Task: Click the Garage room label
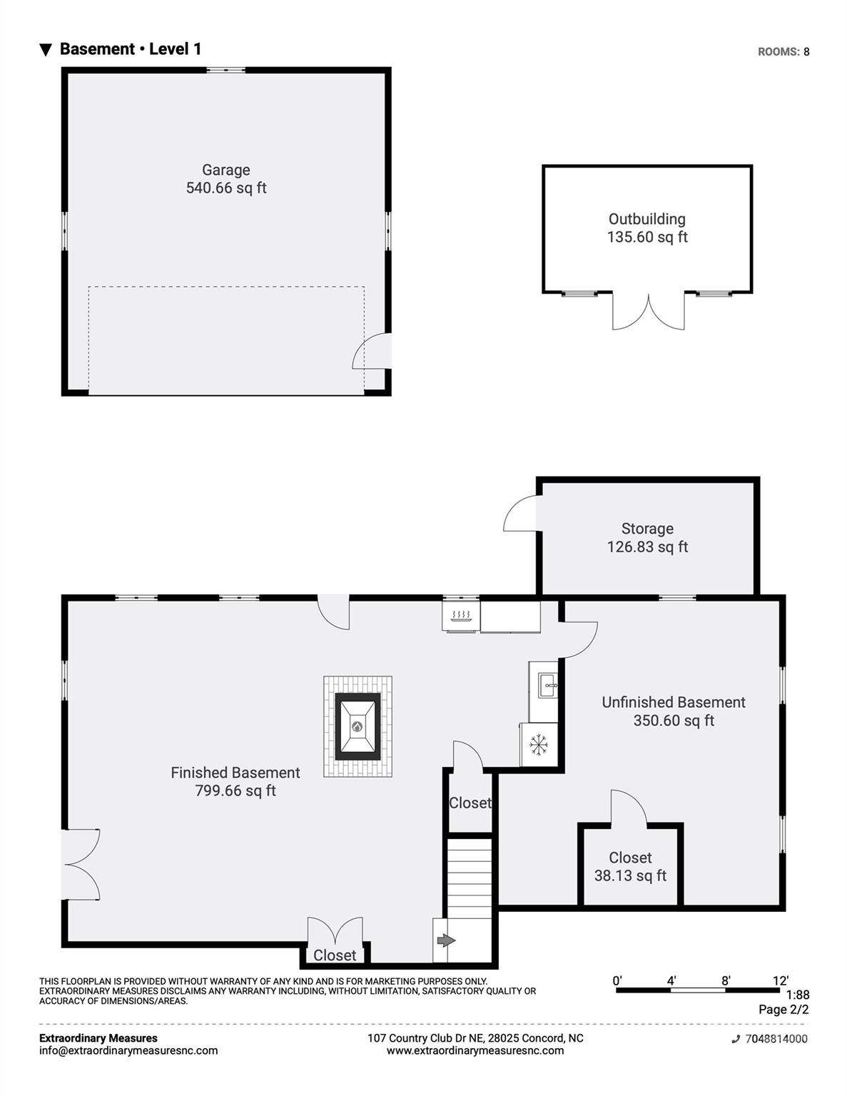point(225,170)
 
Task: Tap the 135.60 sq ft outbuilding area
point(647,237)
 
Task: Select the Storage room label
point(647,529)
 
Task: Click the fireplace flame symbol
point(357,727)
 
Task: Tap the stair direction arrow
point(445,941)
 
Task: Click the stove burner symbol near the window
point(461,616)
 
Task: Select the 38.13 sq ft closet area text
point(630,876)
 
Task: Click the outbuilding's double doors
point(648,312)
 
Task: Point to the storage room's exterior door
point(521,514)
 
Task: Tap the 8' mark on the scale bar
point(726,980)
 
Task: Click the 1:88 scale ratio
point(797,995)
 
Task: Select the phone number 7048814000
point(776,1039)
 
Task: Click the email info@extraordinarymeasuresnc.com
point(128,1050)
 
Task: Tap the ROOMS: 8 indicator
point(783,51)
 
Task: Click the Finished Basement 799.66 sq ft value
point(235,791)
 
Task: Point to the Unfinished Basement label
point(673,702)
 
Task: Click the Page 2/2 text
point(783,1010)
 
